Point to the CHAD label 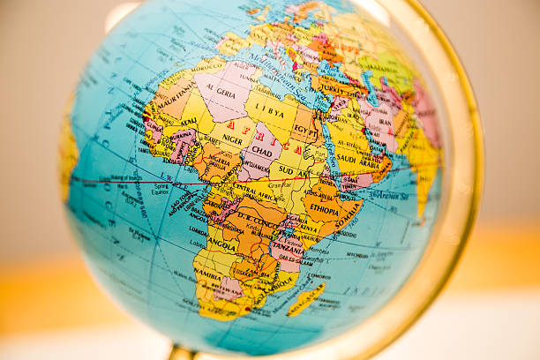262,152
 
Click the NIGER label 232,139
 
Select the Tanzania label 287,250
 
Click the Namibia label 210,277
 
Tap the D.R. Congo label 255,217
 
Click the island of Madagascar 305,301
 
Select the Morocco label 207,66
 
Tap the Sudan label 287,169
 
